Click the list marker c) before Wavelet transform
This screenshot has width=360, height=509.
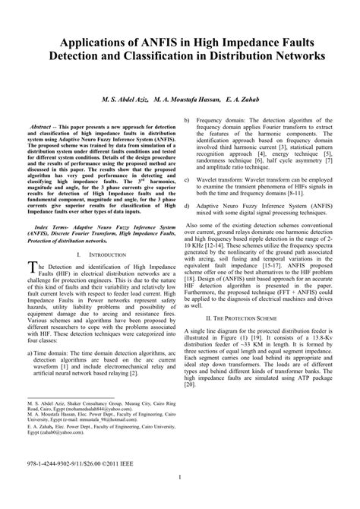188,181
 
